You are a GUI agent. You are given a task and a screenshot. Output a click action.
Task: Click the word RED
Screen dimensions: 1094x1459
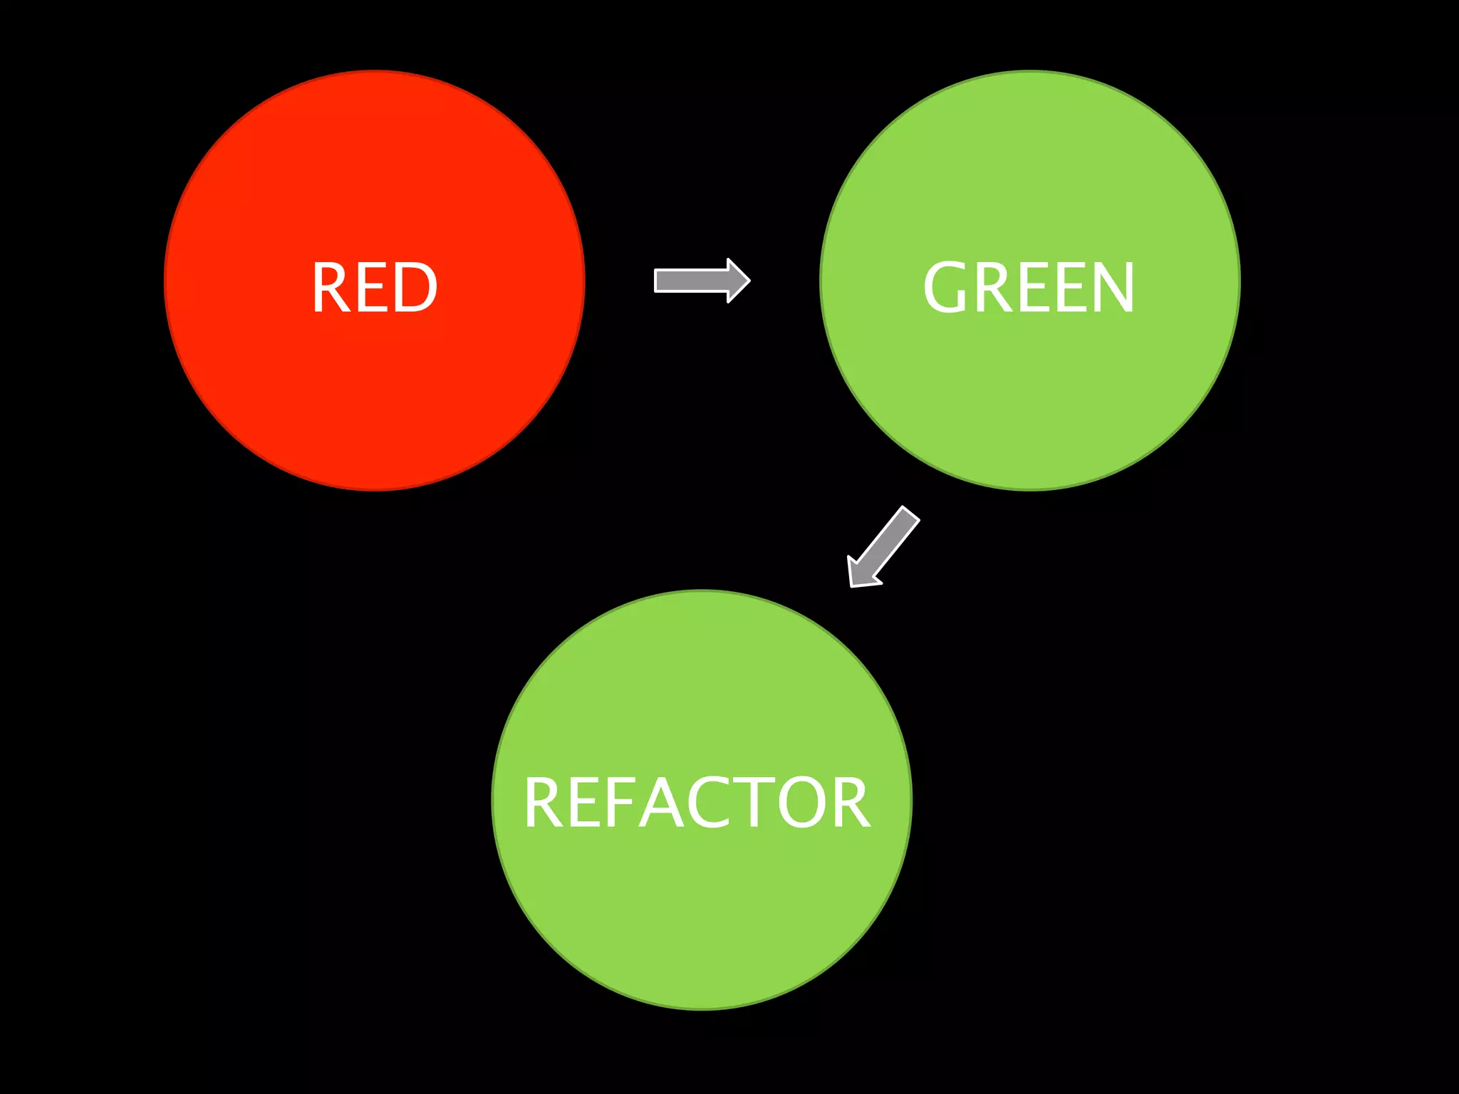coord(375,287)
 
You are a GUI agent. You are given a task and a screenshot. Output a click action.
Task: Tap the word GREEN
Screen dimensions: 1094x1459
coord(1029,287)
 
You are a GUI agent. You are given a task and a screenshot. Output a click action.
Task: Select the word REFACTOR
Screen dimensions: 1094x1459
coord(697,803)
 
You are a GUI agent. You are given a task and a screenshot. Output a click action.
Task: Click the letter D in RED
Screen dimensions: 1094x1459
coord(415,287)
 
